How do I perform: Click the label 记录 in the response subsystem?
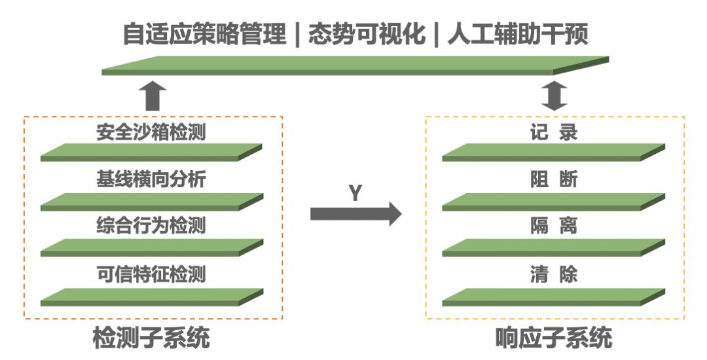point(554,133)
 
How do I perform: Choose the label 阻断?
point(554,179)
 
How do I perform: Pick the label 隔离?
point(554,226)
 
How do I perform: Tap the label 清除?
point(554,274)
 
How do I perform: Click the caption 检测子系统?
point(152,339)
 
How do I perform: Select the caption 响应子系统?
point(554,339)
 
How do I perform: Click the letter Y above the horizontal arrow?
point(354,193)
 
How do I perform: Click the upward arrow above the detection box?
point(153,96)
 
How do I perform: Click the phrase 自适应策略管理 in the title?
point(204,34)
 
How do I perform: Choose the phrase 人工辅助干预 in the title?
point(517,34)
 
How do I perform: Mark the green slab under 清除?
point(554,297)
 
